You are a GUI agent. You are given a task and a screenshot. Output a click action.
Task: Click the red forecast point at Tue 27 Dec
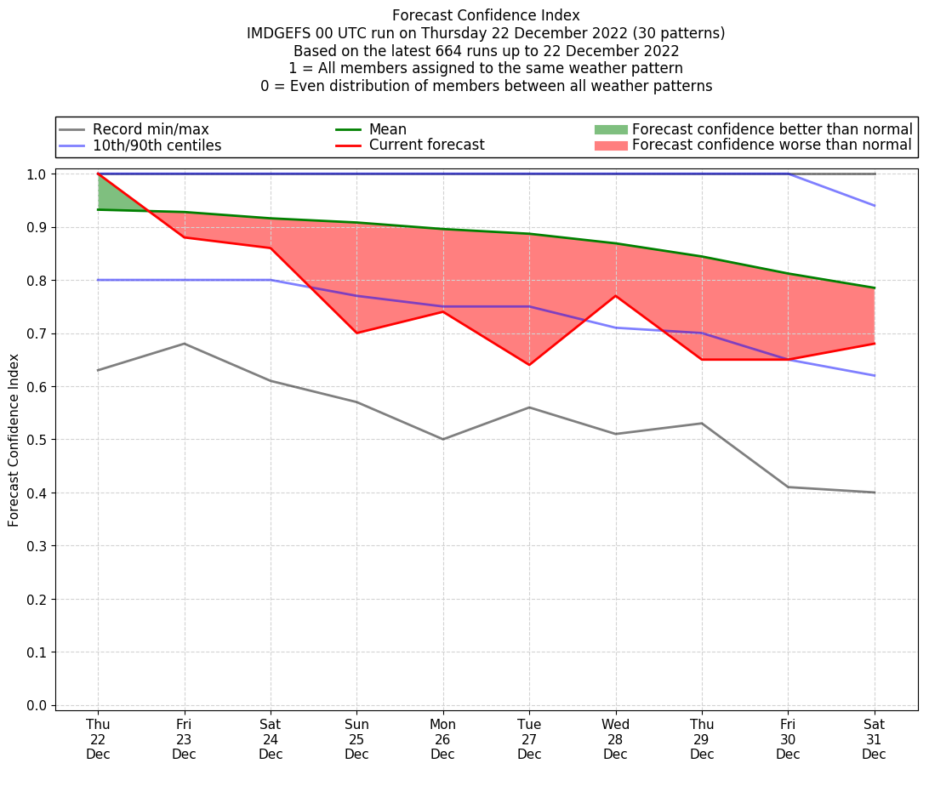[x=529, y=365]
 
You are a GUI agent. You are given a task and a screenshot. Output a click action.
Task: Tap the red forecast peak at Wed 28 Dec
[x=615, y=295]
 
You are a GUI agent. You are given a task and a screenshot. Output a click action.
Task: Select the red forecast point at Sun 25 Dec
[x=356, y=333]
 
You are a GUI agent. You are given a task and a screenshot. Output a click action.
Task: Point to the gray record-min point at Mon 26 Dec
[x=442, y=439]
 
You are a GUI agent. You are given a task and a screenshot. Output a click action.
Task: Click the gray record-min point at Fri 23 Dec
[x=184, y=344]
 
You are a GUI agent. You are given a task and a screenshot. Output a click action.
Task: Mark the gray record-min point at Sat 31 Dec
[x=874, y=493]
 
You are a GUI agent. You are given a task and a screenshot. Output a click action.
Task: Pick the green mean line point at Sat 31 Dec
[x=874, y=288]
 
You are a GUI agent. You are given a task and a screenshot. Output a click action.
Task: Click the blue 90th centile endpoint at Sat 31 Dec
[x=874, y=206]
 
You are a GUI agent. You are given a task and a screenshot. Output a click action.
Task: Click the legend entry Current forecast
[x=426, y=145]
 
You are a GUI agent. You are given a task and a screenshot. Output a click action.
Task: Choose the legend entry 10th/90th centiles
[x=157, y=145]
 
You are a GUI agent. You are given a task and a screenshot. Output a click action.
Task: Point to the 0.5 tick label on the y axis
[x=37, y=440]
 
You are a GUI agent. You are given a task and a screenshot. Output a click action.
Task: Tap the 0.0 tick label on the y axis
[x=37, y=705]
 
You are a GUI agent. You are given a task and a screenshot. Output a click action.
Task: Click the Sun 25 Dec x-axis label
[x=356, y=739]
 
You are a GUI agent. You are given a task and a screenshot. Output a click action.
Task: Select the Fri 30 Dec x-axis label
[x=788, y=739]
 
